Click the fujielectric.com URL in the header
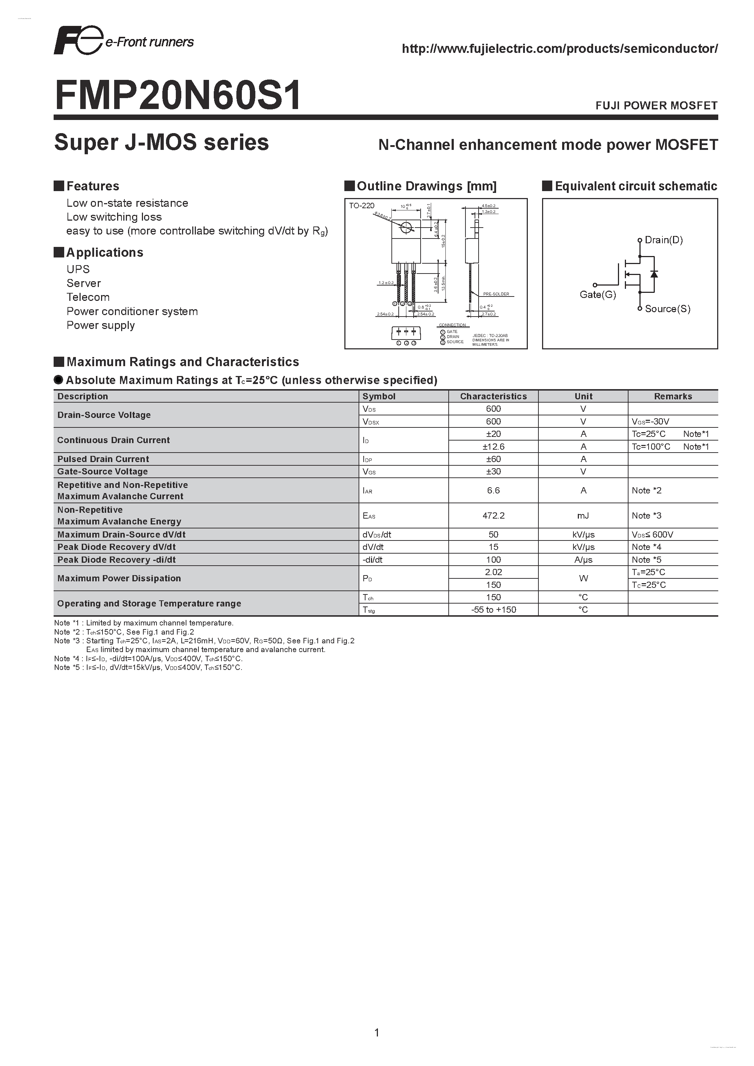point(560,49)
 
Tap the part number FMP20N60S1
point(178,96)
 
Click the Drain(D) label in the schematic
point(664,240)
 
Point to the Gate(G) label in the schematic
point(598,295)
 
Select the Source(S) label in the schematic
point(667,309)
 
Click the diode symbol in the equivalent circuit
point(654,274)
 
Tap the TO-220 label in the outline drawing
point(361,206)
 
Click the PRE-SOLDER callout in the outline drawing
point(496,294)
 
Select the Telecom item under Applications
point(88,297)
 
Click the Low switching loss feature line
point(114,217)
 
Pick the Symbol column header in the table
point(379,396)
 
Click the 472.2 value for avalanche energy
point(493,516)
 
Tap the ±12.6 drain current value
point(493,447)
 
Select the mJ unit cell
point(583,516)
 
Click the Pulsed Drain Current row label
point(103,459)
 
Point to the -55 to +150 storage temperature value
point(493,610)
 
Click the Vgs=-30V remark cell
point(650,422)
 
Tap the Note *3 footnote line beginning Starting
point(204,641)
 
